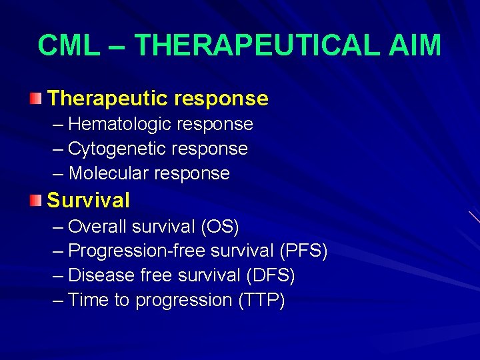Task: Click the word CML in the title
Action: coord(65,45)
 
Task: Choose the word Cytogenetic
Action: coord(110,149)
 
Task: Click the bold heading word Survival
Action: coord(89,200)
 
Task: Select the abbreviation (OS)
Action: coord(219,227)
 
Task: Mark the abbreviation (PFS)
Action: coord(303,251)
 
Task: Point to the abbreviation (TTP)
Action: coord(261,300)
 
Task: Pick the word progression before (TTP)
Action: coord(183,301)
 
